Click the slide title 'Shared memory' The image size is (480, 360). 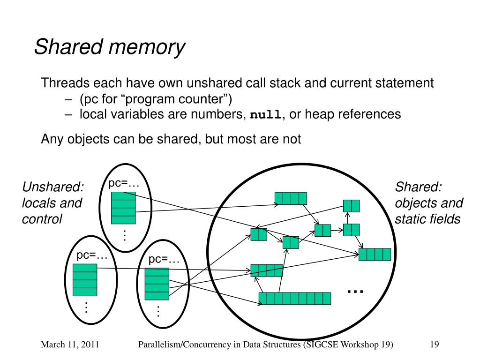[x=110, y=48]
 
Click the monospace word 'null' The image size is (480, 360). [x=267, y=115]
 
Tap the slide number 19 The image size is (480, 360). [x=434, y=345]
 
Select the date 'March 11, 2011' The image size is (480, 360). [x=70, y=345]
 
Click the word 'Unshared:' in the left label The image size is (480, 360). [x=53, y=187]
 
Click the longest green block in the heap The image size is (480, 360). [x=295, y=298]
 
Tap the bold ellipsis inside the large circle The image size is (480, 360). [x=355, y=292]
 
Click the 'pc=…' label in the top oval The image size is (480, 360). [x=124, y=183]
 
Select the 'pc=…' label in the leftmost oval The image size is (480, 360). [x=92, y=255]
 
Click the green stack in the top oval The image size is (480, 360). [x=123, y=208]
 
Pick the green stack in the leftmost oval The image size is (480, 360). [x=85, y=280]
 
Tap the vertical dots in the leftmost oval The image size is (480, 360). [x=86, y=308]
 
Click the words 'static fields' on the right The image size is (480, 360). [x=427, y=219]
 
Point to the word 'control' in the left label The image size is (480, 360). [x=42, y=219]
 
